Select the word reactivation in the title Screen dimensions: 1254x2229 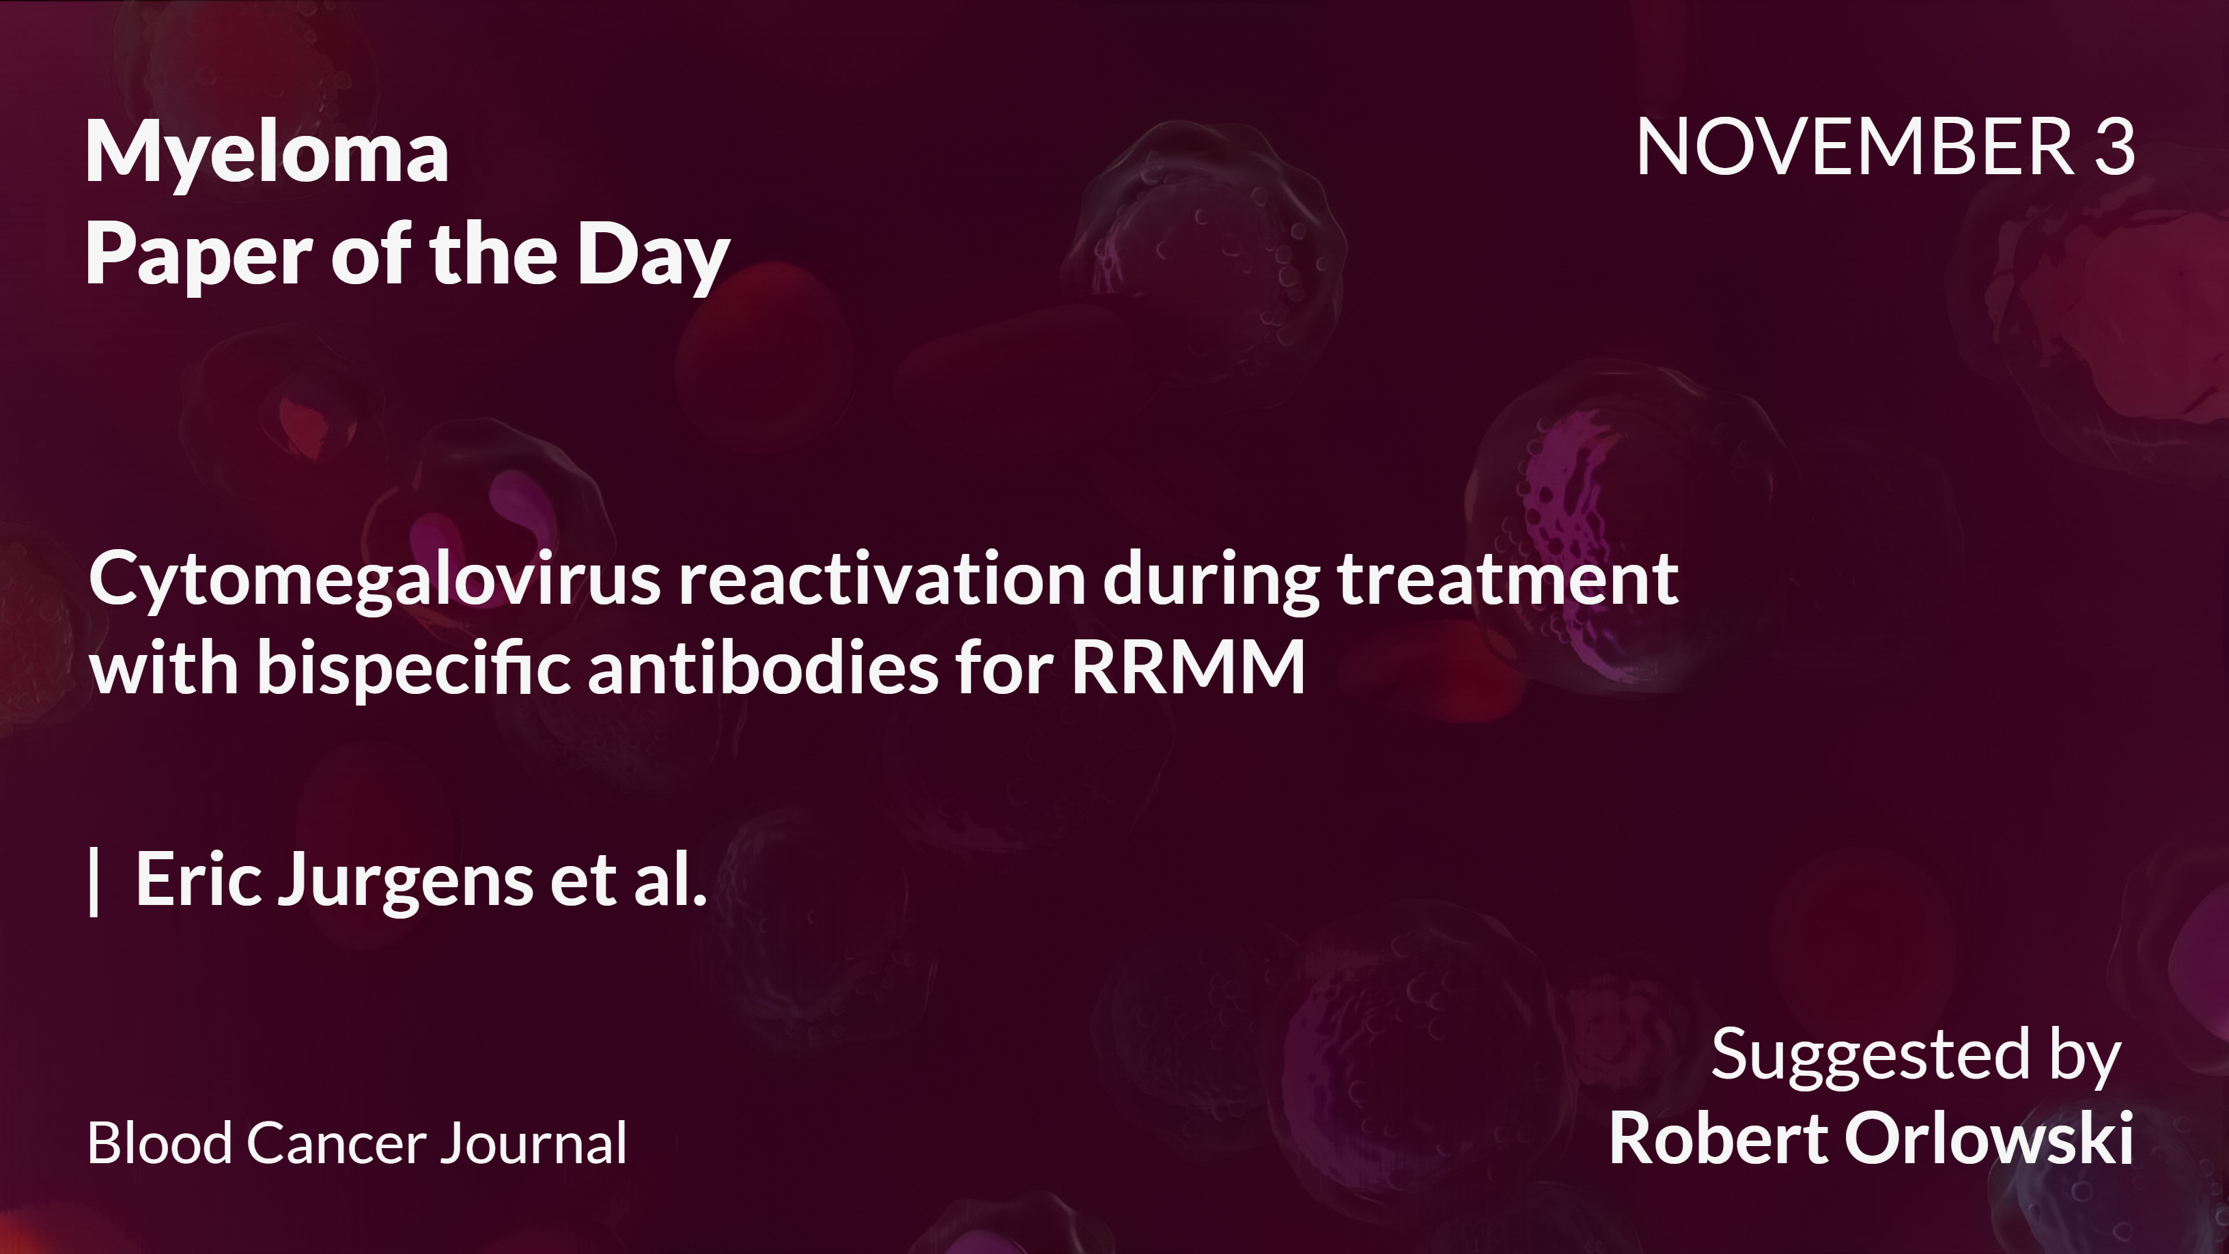pyautogui.click(x=881, y=581)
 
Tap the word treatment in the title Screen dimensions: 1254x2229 pyautogui.click(x=1507, y=581)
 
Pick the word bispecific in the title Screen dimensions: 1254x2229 pyautogui.click(x=414, y=669)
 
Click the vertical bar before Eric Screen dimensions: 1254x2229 pyautogui.click(x=94, y=881)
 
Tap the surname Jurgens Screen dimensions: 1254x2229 pyautogui.click(x=405, y=881)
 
